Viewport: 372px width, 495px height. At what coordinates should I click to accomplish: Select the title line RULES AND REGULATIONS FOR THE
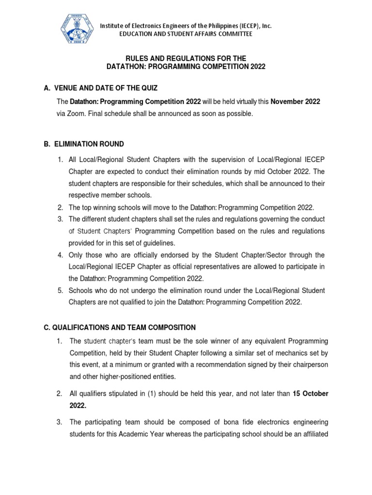[x=186, y=58]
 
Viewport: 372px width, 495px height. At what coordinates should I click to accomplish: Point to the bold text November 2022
[x=295, y=102]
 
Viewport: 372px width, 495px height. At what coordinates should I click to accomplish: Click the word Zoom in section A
[x=75, y=114]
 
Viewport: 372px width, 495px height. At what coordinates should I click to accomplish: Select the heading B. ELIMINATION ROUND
[x=83, y=144]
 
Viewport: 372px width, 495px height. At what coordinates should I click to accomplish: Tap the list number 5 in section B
[x=60, y=290]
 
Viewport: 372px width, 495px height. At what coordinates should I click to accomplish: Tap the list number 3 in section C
[x=60, y=422]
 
